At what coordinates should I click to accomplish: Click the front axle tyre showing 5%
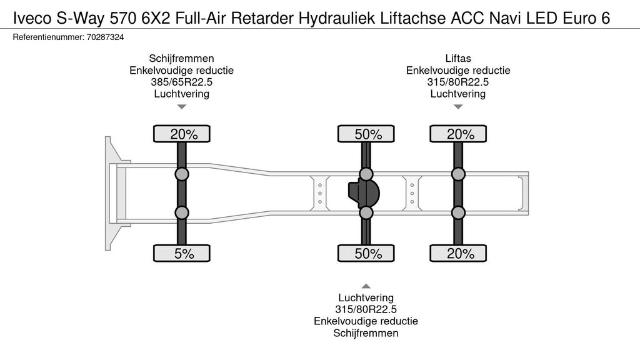point(182,253)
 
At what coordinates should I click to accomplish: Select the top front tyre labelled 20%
point(182,134)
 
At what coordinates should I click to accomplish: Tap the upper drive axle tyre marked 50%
point(366,134)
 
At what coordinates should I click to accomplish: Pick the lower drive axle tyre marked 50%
point(366,253)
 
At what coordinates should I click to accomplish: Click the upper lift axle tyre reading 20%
point(458,134)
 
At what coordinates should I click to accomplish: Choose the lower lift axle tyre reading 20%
point(458,253)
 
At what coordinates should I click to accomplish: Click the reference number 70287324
point(105,37)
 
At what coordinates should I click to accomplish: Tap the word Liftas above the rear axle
point(458,58)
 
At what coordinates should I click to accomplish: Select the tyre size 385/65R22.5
point(182,82)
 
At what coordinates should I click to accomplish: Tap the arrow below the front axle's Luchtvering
point(182,107)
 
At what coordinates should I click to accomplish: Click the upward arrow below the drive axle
point(366,286)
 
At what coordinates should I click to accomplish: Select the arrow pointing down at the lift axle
point(458,107)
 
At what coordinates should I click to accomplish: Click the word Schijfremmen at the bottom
point(366,333)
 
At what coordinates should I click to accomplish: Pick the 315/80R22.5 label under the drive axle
point(366,309)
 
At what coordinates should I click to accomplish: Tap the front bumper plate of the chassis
point(108,194)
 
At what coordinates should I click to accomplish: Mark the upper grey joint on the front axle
point(182,174)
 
